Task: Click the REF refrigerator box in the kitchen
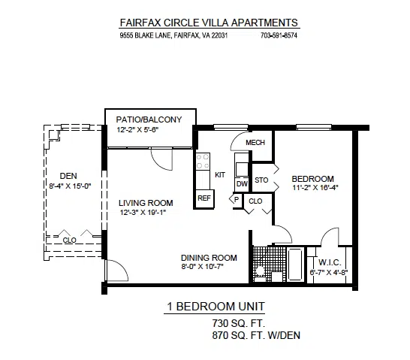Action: click(x=203, y=198)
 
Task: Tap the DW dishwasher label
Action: click(x=242, y=184)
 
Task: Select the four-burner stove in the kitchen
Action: click(x=203, y=161)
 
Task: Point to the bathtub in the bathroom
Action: click(x=295, y=265)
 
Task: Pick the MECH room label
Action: click(x=255, y=143)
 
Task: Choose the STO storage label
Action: click(x=261, y=180)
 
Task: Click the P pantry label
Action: click(x=237, y=200)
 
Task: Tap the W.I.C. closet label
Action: click(x=330, y=262)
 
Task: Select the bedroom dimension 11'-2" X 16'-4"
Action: click(x=315, y=188)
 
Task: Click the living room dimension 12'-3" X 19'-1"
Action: click(x=143, y=213)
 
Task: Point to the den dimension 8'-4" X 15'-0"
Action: click(x=70, y=186)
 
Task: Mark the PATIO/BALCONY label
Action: click(x=149, y=119)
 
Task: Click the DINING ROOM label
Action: click(x=209, y=258)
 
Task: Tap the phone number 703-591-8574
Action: click(x=279, y=35)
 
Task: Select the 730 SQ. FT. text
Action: click(x=239, y=323)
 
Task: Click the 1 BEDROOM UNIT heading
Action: click(x=216, y=306)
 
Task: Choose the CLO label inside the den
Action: click(x=70, y=241)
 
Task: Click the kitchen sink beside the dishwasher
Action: click(x=242, y=169)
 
